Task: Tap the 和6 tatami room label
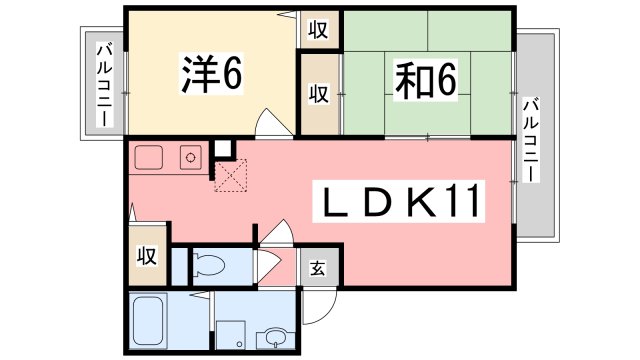click(424, 80)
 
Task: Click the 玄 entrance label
click(316, 267)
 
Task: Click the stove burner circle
click(189, 156)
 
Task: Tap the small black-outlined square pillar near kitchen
click(223, 150)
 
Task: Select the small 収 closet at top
click(317, 28)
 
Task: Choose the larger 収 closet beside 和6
click(319, 94)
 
